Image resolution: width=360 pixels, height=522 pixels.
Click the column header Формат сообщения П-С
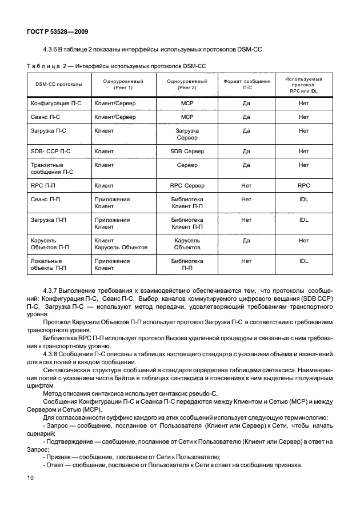[246, 85]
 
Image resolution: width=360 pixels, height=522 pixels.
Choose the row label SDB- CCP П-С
[50, 152]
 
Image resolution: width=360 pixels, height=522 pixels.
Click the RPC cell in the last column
[303, 186]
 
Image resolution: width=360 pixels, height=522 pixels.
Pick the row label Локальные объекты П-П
[49, 264]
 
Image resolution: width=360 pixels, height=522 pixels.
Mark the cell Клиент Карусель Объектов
[121, 244]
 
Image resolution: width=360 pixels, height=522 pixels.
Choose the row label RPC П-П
[43, 186]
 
